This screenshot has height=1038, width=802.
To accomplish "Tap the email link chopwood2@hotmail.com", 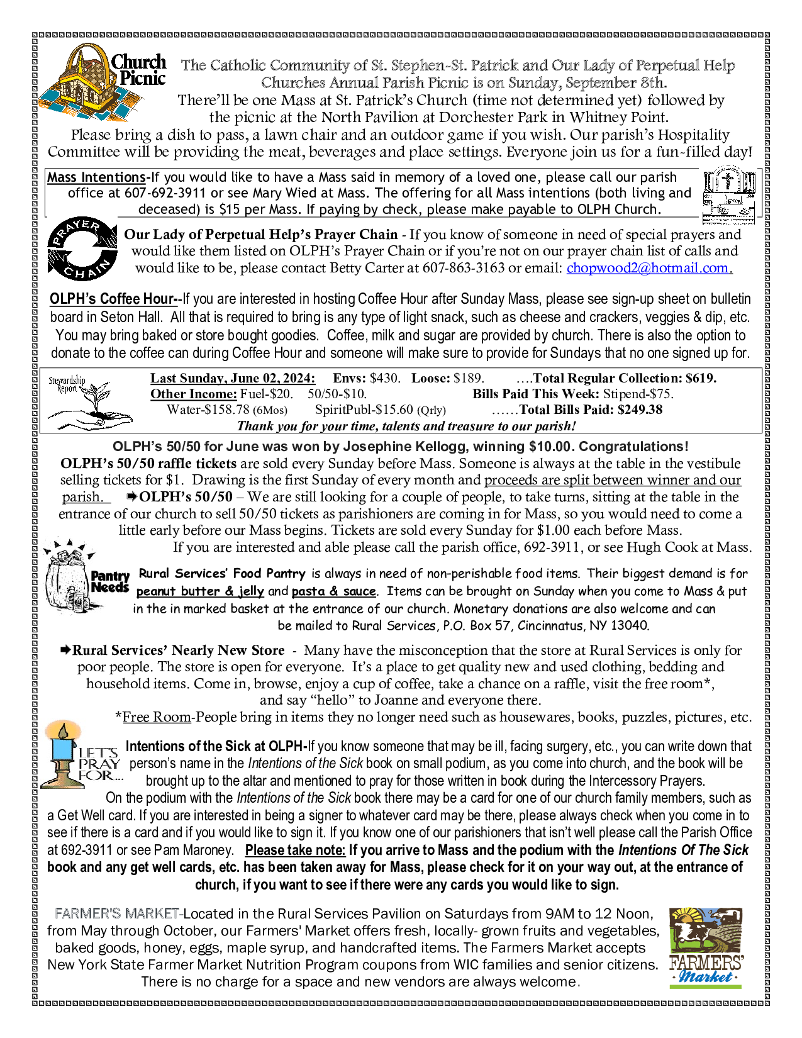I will click(x=649, y=268).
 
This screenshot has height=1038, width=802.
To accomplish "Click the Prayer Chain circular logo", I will click(x=82, y=249).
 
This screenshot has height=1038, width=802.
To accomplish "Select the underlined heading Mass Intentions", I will click(x=96, y=178).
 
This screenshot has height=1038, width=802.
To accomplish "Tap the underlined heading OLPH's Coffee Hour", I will click(x=114, y=299).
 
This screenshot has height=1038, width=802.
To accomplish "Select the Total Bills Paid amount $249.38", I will click(x=640, y=410).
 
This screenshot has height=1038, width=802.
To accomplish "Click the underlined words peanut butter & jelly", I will click(x=200, y=591).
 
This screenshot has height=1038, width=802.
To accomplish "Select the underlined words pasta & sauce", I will click(x=334, y=591).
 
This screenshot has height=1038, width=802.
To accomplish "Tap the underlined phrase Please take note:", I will click(x=295, y=851).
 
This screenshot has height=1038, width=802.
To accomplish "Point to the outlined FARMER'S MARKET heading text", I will click(x=118, y=913).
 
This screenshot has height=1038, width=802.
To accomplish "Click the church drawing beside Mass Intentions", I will click(x=728, y=194).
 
